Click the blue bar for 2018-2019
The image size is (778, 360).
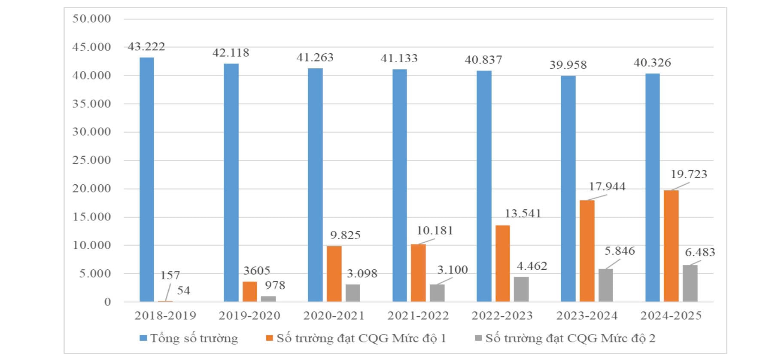tap(147, 180)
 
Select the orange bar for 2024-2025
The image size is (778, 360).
tap(671, 246)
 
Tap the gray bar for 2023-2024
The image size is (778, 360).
tap(605, 285)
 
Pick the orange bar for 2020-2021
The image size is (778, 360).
tap(334, 274)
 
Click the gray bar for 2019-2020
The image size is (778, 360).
tap(268, 299)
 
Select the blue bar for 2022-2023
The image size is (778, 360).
tap(484, 186)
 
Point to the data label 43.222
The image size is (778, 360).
tap(146, 46)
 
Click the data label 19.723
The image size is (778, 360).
tap(689, 174)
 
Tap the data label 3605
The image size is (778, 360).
tap(257, 271)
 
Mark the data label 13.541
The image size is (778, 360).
tap(523, 214)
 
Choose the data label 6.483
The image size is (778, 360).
tap(700, 252)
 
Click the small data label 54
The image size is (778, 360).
tap(183, 290)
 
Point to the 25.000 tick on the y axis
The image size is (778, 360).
tap(91, 160)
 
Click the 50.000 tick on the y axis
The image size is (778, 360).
tap(91, 18)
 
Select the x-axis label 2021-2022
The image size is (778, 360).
tap(418, 316)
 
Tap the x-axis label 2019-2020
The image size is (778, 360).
tap(249, 316)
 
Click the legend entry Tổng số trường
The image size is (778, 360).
tap(194, 339)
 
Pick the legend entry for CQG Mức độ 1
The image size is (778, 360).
tap(361, 339)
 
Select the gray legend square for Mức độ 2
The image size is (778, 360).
tap(478, 338)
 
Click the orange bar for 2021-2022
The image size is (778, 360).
tap(418, 273)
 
